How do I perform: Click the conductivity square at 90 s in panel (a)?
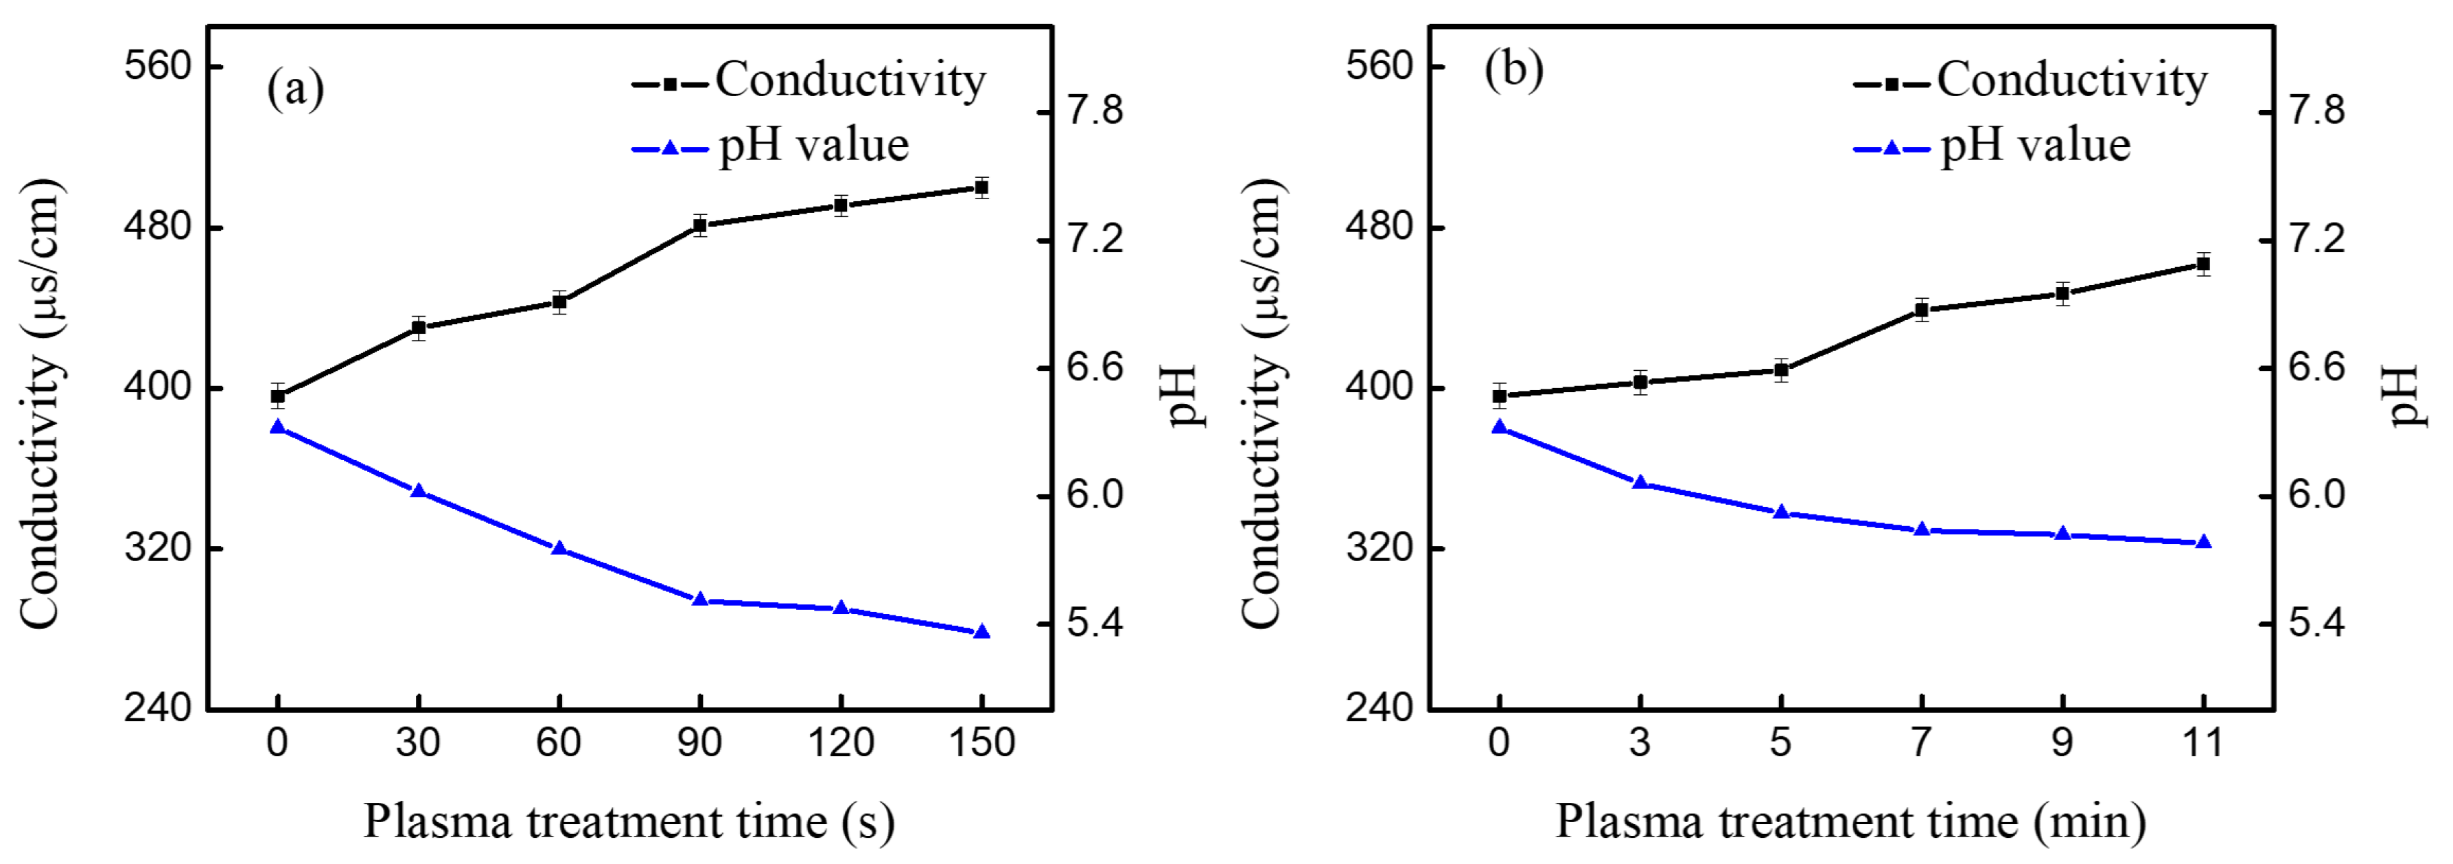(x=700, y=226)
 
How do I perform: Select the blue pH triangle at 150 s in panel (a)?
(x=981, y=632)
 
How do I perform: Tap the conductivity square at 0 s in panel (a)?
(x=277, y=396)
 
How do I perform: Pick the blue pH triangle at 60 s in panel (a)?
(x=559, y=549)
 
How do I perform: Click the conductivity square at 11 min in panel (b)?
(x=2202, y=264)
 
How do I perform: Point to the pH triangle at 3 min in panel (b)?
(x=1640, y=483)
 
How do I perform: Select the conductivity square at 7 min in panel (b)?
(x=1922, y=310)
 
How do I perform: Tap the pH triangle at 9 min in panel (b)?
(x=2062, y=534)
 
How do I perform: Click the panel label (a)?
(x=295, y=89)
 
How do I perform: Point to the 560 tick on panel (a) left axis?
(x=158, y=66)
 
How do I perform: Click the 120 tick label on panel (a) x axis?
(x=841, y=742)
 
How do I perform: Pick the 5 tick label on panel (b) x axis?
(x=1780, y=742)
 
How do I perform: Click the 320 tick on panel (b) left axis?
(x=1379, y=549)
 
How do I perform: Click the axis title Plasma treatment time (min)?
(x=1850, y=821)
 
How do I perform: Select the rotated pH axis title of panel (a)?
(x=1181, y=396)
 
